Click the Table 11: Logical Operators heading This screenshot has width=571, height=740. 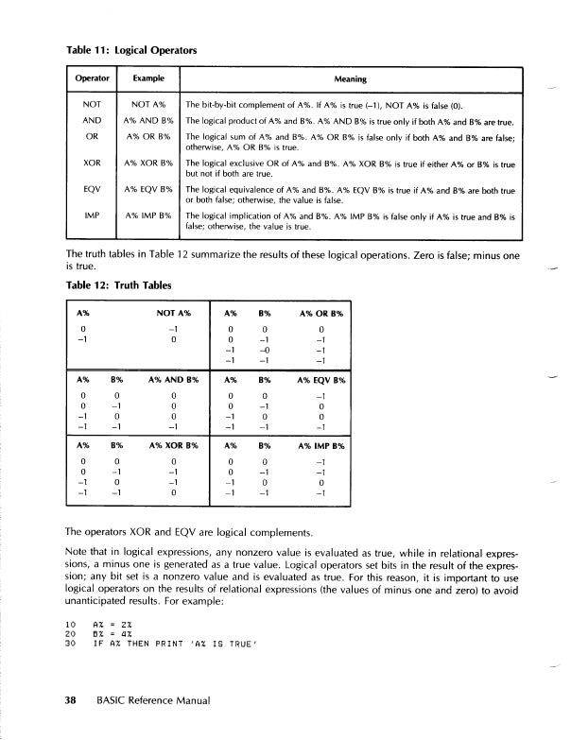(x=132, y=49)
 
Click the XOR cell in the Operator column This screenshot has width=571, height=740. (x=92, y=163)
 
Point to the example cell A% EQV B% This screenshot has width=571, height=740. (x=147, y=189)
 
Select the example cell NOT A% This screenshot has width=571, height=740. (x=147, y=104)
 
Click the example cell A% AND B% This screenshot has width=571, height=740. (x=147, y=121)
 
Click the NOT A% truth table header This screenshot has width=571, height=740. (x=173, y=312)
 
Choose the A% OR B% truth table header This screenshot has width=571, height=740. (x=321, y=312)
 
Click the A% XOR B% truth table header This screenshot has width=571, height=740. (x=173, y=444)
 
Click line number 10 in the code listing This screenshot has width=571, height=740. (x=70, y=624)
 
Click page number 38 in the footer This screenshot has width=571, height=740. (x=70, y=701)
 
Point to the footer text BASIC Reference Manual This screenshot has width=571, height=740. (x=152, y=701)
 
